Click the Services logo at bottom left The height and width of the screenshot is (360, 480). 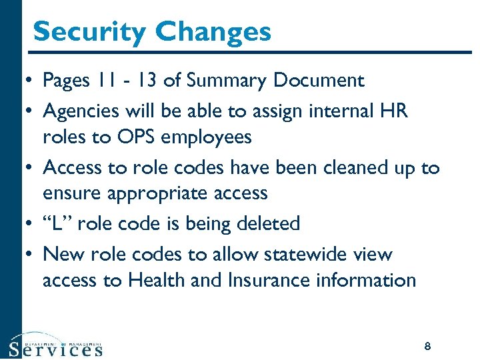point(56,346)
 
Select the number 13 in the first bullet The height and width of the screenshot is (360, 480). point(146,81)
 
